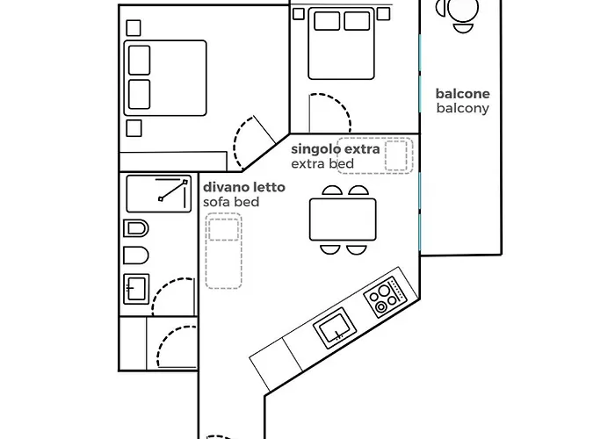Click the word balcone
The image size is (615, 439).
(462, 94)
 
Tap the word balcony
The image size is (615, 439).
(462, 108)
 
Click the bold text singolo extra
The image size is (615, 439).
(336, 149)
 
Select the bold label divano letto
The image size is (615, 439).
(244, 187)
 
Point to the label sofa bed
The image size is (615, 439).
(231, 202)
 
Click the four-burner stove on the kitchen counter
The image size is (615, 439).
(386, 296)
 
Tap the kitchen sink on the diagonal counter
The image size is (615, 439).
(335, 327)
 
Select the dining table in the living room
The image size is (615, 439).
(343, 219)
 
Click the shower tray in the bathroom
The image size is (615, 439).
(158, 194)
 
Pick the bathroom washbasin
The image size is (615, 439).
(136, 289)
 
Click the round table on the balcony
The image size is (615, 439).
(464, 10)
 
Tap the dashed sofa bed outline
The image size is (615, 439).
(223, 251)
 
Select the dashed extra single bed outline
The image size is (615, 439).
(375, 155)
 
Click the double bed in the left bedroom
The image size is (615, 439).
(165, 77)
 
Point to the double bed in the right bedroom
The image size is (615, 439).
(341, 43)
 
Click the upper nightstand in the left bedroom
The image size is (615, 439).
(134, 28)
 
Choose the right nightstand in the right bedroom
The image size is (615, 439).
(384, 14)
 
